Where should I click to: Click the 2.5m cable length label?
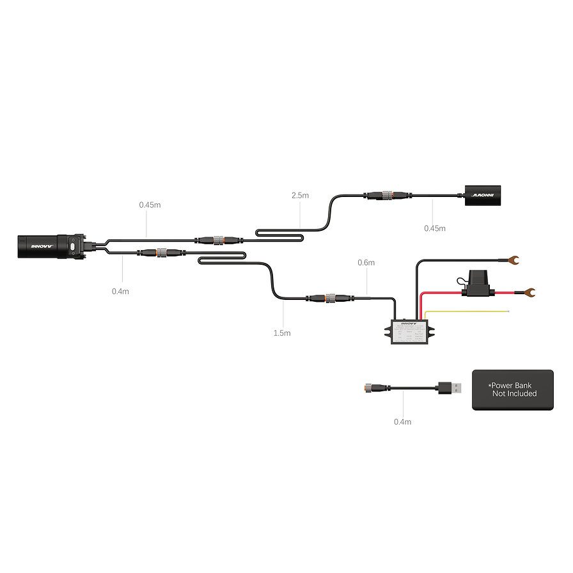tap(300, 195)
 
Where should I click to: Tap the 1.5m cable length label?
tap(282, 333)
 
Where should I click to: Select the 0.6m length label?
tap(366, 262)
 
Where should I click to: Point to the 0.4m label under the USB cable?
tap(403, 421)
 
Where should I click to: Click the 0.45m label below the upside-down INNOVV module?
tap(435, 228)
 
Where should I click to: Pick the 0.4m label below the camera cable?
tap(120, 292)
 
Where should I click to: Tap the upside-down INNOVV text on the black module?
tap(483, 192)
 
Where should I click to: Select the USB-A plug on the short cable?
tap(448, 387)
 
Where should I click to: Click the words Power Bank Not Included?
tap(513, 389)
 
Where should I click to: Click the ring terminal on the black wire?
tap(512, 260)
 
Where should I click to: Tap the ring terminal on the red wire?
tap(529, 293)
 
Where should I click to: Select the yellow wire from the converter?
tap(467, 311)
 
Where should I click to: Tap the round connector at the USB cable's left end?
tap(370, 387)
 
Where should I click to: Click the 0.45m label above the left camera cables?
tap(150, 205)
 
